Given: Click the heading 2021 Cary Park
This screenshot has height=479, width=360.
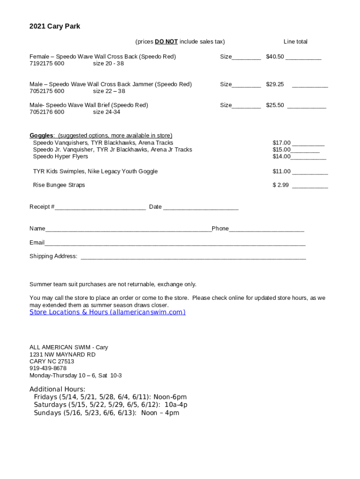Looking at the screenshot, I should pos(55,27).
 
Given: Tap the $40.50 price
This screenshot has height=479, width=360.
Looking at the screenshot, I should pos(275,57).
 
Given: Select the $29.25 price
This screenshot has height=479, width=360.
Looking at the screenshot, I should pos(275,84).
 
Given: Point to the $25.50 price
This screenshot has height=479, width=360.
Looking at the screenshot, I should pos(275,105).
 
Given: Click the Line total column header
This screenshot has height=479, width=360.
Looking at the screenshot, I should pos(295,42).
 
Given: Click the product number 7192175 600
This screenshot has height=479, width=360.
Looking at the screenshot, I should pos(47,64).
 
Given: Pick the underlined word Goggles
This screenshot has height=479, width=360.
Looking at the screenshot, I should pos(41,136).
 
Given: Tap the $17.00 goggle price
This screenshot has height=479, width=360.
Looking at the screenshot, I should pos(281,143).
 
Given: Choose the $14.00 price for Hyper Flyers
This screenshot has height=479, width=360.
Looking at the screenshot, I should pos(281,157).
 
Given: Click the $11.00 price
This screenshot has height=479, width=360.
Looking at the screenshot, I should pos(281,171).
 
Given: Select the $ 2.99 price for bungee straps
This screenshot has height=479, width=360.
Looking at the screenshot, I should pos(281,185).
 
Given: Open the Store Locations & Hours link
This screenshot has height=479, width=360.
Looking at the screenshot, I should pos(108,312).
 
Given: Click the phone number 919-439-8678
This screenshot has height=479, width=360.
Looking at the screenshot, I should pos(48,369).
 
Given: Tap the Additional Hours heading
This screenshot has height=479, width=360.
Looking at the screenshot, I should pos(58,389).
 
